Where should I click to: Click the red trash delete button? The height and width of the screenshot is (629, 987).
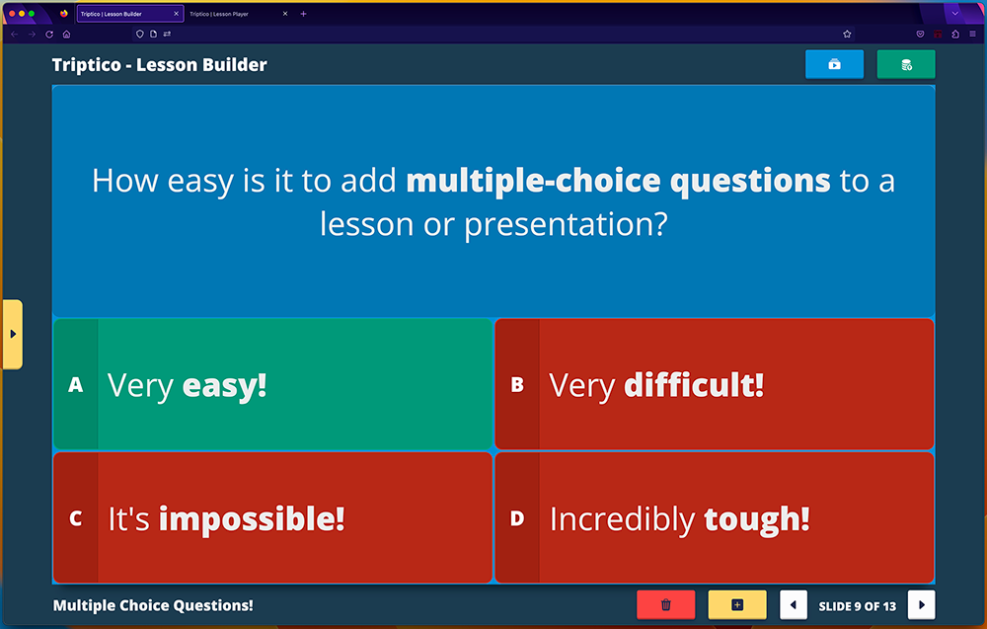pos(666,605)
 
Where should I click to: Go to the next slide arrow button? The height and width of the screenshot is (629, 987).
pos(922,605)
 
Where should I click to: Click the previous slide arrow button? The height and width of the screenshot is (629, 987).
pos(794,605)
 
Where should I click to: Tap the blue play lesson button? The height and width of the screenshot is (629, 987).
pos(835,64)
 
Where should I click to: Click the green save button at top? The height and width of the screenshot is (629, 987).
pos(906,64)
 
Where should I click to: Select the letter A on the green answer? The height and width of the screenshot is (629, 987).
pos(76,384)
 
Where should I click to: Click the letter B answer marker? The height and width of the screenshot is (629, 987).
pos(517,384)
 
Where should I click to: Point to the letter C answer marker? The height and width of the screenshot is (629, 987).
pos(76,518)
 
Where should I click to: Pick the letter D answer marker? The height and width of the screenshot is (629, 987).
pos(517,518)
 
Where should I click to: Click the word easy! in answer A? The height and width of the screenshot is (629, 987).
pos(225,386)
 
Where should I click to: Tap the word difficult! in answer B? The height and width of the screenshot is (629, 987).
pos(694,385)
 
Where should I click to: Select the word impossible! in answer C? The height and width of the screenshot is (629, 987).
pos(252,519)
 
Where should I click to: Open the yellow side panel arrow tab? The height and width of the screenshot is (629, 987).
pos(13,334)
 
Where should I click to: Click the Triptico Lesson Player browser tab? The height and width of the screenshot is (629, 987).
pos(219,14)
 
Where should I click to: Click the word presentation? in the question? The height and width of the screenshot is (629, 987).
pos(566,225)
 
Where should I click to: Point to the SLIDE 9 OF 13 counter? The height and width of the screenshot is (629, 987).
pos(858,606)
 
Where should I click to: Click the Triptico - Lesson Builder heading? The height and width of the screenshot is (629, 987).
pos(160,65)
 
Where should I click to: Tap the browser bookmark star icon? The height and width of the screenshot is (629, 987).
pos(847,34)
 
